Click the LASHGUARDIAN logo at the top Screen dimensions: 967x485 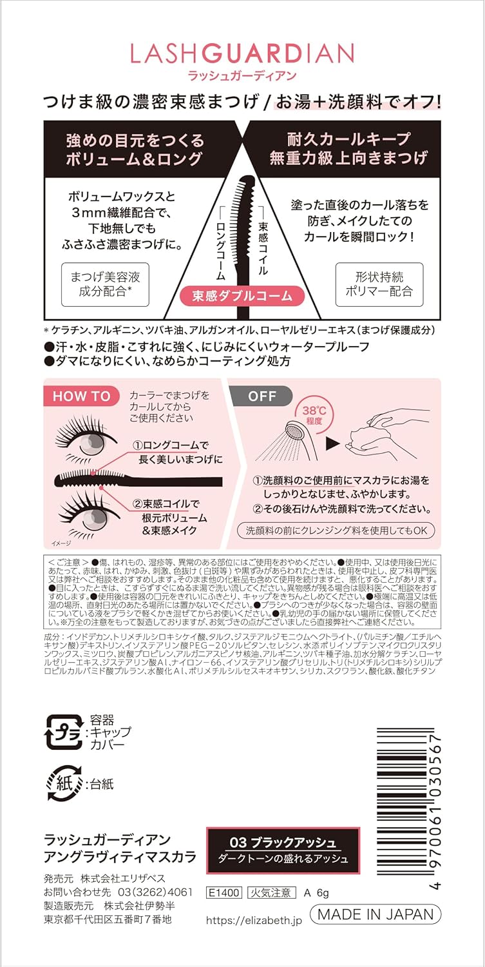(242, 53)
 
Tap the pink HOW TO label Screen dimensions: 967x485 (81, 396)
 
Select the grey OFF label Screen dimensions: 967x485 (261, 396)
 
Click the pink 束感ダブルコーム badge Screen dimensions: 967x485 (242, 296)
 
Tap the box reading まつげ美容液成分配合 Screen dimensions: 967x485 (105, 284)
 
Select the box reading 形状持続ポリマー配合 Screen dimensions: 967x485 (379, 284)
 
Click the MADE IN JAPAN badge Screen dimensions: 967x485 (376, 913)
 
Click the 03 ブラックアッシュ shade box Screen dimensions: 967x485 (283, 850)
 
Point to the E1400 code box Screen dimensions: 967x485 (223, 893)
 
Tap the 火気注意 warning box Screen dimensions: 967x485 (271, 893)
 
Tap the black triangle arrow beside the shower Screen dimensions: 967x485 (332, 444)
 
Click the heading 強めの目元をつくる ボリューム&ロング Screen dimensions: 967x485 (135, 149)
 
